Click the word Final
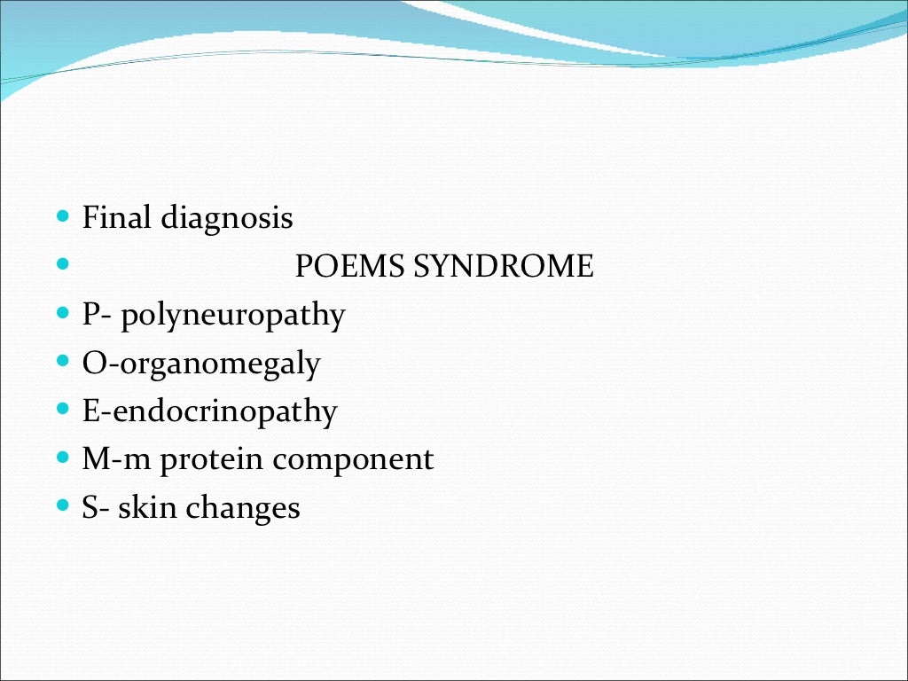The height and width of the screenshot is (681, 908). pos(117,217)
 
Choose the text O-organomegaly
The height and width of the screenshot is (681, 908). pos(201,364)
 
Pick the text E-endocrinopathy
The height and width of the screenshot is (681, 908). pos(210,412)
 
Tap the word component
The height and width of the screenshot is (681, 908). pos(353,461)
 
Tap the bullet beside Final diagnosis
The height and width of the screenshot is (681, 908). pos(62,216)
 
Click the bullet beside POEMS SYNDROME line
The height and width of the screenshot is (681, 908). pos(62,264)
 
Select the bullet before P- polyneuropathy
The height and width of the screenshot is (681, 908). pos(62,313)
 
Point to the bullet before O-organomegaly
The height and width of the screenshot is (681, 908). pos(62,361)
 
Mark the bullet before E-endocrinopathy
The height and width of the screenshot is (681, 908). pos(62,410)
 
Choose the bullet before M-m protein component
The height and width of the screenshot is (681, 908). pos(62,458)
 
